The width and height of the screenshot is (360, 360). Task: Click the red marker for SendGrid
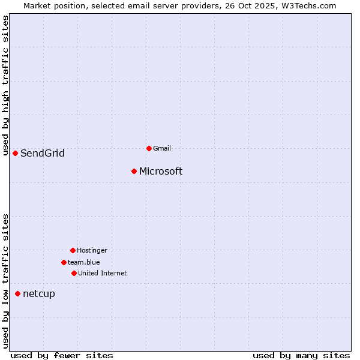pyautogui.click(x=15, y=153)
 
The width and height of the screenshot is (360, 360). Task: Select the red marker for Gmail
pyautogui.click(x=149, y=148)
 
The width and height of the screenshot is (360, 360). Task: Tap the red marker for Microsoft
pyautogui.click(x=134, y=171)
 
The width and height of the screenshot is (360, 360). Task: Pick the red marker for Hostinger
pyautogui.click(x=73, y=250)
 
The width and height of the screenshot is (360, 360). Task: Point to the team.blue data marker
pyautogui.click(x=64, y=262)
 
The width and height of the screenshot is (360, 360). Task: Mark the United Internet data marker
pyautogui.click(x=74, y=273)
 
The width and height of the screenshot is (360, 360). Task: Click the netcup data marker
pyautogui.click(x=17, y=293)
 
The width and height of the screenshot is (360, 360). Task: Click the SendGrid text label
pyautogui.click(x=43, y=154)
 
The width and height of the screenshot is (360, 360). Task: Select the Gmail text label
pyautogui.click(x=162, y=148)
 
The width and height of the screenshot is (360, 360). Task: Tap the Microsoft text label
pyautogui.click(x=161, y=172)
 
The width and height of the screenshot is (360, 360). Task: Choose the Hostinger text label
pyautogui.click(x=92, y=250)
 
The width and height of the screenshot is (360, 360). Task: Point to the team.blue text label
pyautogui.click(x=84, y=262)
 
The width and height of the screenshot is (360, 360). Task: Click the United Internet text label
pyautogui.click(x=103, y=273)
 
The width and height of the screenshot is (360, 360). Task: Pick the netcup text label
pyautogui.click(x=39, y=294)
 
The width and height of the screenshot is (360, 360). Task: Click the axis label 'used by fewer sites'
pyautogui.click(x=62, y=356)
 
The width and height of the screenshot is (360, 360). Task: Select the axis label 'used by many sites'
pyautogui.click(x=301, y=356)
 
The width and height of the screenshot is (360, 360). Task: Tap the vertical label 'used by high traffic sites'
pyautogui.click(x=6, y=86)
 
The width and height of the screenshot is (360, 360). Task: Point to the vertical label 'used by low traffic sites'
pyautogui.click(x=6, y=281)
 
